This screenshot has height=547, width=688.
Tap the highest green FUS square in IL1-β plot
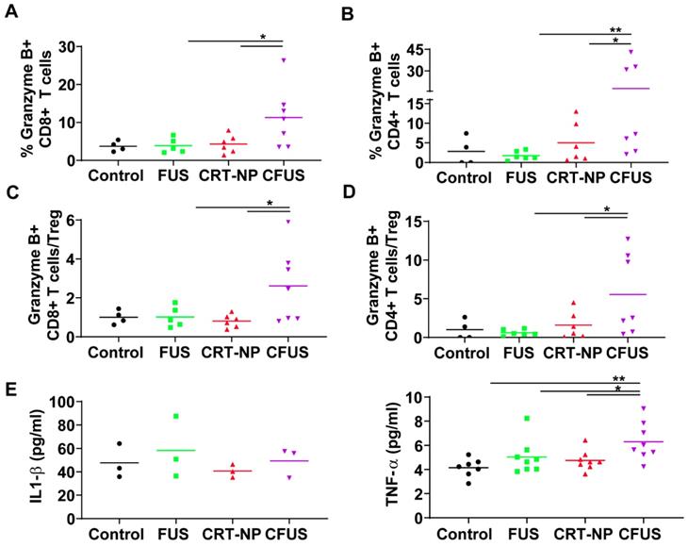149,416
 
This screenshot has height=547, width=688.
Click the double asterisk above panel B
615,30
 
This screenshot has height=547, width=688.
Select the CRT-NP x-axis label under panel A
227,174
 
